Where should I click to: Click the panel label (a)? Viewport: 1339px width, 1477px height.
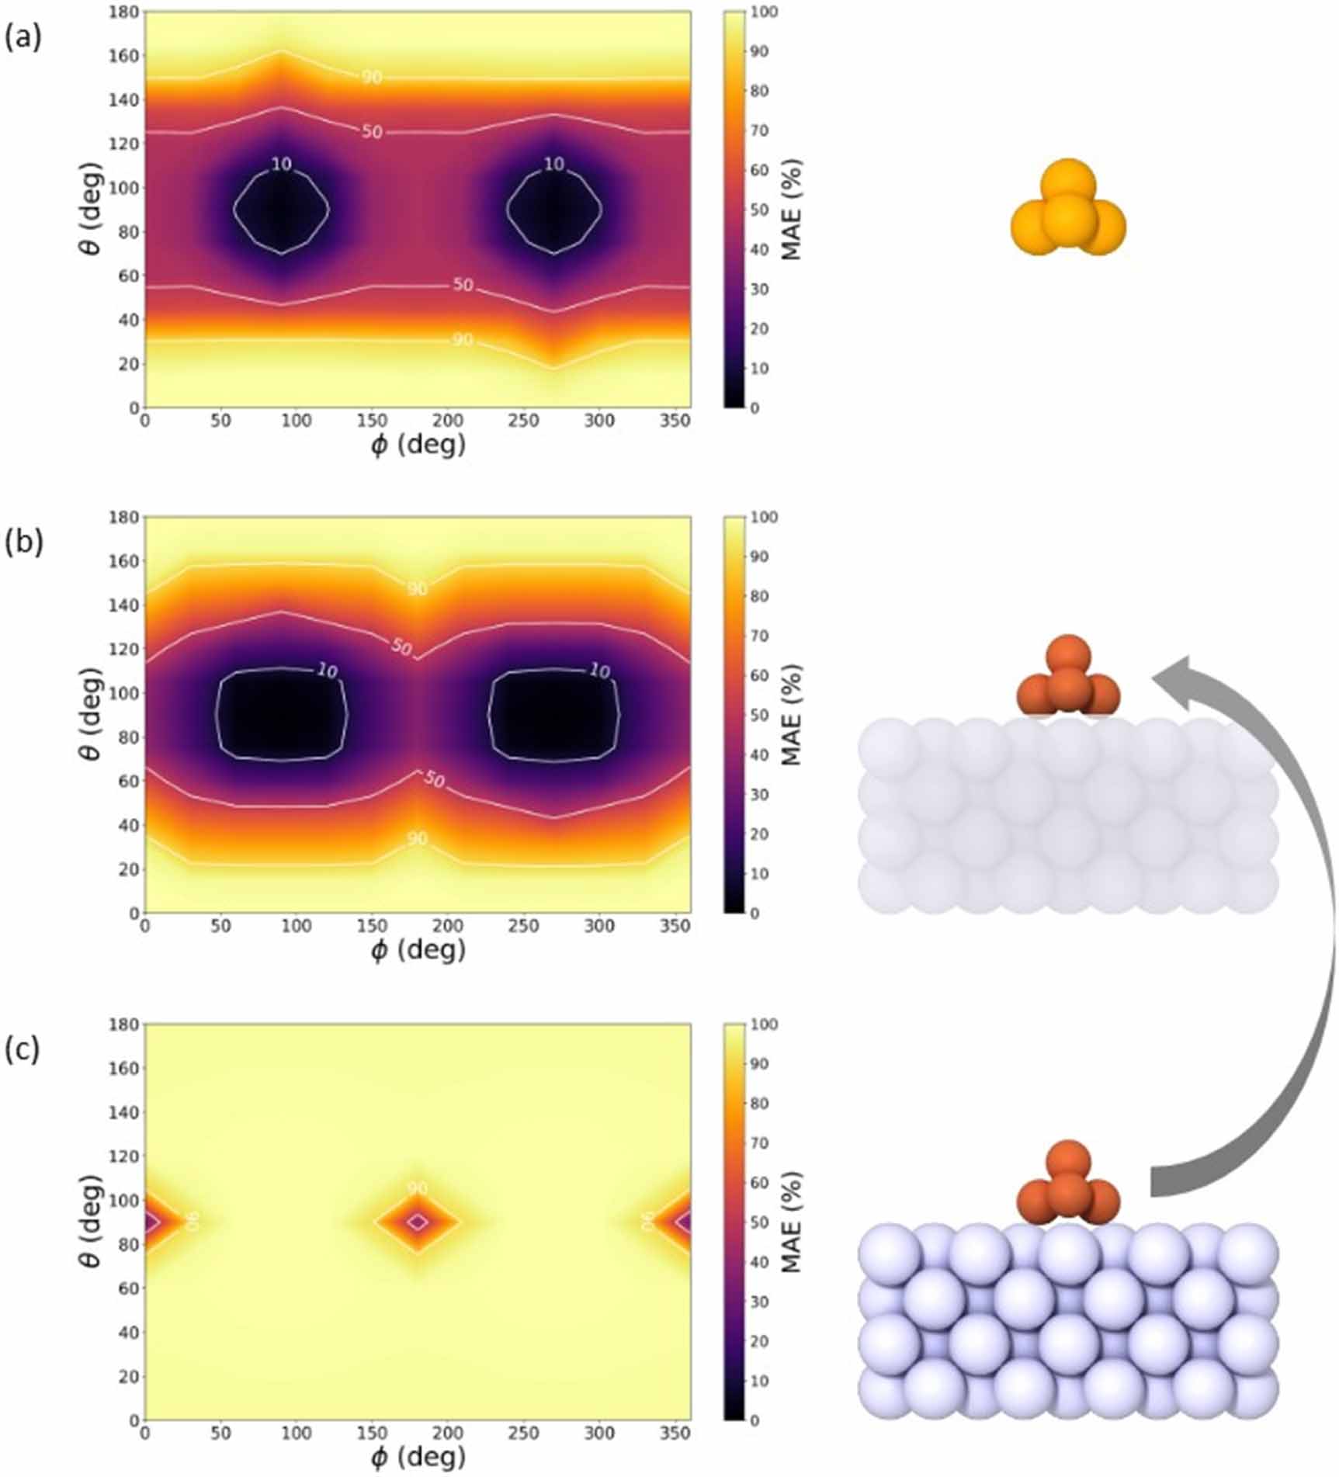tap(23, 37)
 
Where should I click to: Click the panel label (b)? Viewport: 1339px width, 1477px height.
tap(23, 542)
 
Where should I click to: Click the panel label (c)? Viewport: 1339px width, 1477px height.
tap(23, 1049)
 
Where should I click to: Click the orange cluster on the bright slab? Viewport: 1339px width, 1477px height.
tap(1068, 1184)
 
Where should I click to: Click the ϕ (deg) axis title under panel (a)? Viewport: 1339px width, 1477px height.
tap(418, 445)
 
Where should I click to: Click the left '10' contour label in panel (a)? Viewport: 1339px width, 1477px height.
tap(281, 165)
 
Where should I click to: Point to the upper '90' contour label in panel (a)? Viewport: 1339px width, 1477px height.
tap(372, 77)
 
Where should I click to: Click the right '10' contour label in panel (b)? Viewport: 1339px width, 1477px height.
tap(599, 671)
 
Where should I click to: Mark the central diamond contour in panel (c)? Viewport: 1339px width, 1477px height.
tap(418, 1222)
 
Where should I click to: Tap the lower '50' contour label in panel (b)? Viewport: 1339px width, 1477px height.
tap(434, 779)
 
